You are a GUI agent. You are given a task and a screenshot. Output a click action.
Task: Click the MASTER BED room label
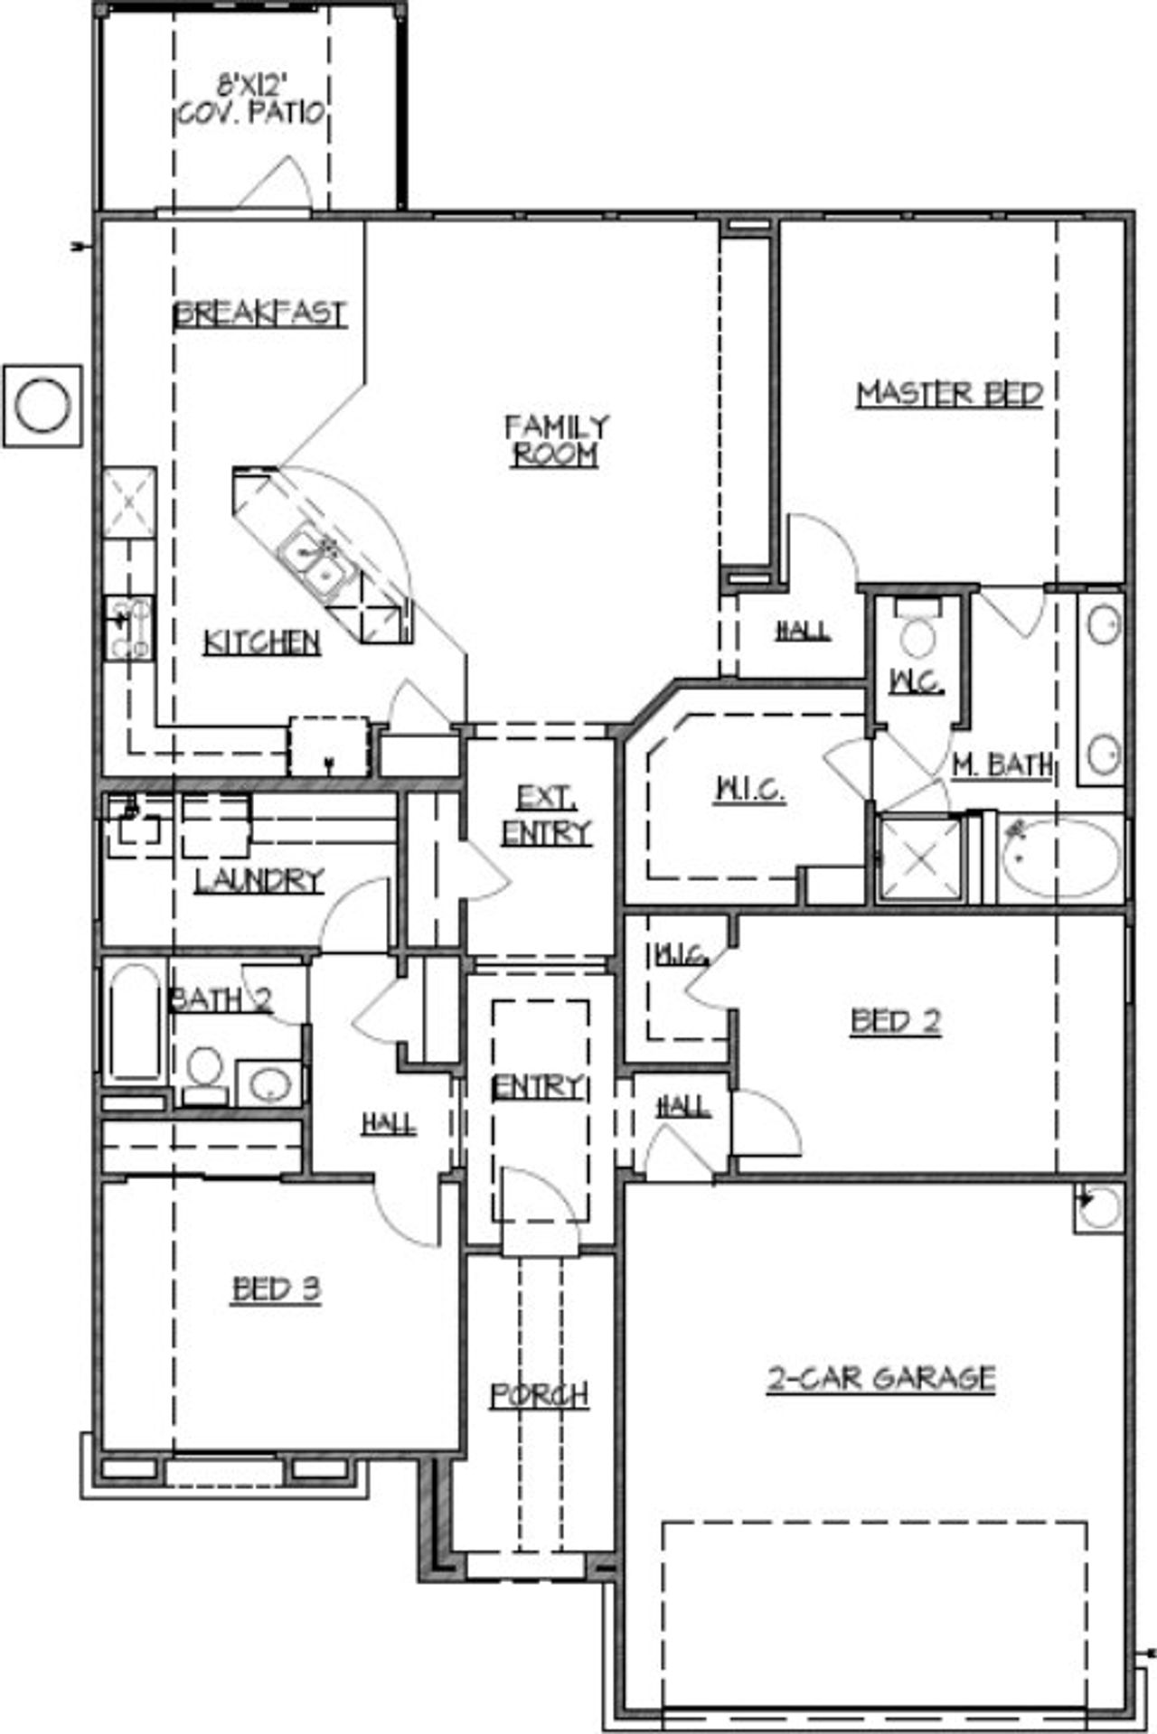[949, 394]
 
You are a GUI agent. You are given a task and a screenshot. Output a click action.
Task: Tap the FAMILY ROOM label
[556, 440]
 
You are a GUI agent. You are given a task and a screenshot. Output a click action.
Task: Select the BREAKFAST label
[260, 314]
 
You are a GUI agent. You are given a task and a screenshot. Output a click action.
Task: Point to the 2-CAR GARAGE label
[881, 1378]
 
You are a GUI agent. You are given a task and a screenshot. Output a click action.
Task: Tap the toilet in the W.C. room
[917, 637]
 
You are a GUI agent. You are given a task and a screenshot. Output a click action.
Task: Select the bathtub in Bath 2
[134, 1023]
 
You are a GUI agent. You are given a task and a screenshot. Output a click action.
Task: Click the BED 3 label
[277, 1289]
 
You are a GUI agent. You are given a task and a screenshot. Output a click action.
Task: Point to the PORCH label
[540, 1395]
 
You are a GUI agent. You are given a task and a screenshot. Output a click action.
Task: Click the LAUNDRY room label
[259, 879]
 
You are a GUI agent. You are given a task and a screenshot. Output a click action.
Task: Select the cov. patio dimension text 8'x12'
[247, 88]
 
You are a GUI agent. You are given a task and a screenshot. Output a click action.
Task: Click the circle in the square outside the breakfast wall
[42, 406]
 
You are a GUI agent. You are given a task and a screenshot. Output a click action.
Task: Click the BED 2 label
[895, 1022]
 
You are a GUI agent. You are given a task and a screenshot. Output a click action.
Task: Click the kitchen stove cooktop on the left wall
[128, 626]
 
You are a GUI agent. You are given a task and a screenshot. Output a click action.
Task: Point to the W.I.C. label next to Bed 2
[680, 955]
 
